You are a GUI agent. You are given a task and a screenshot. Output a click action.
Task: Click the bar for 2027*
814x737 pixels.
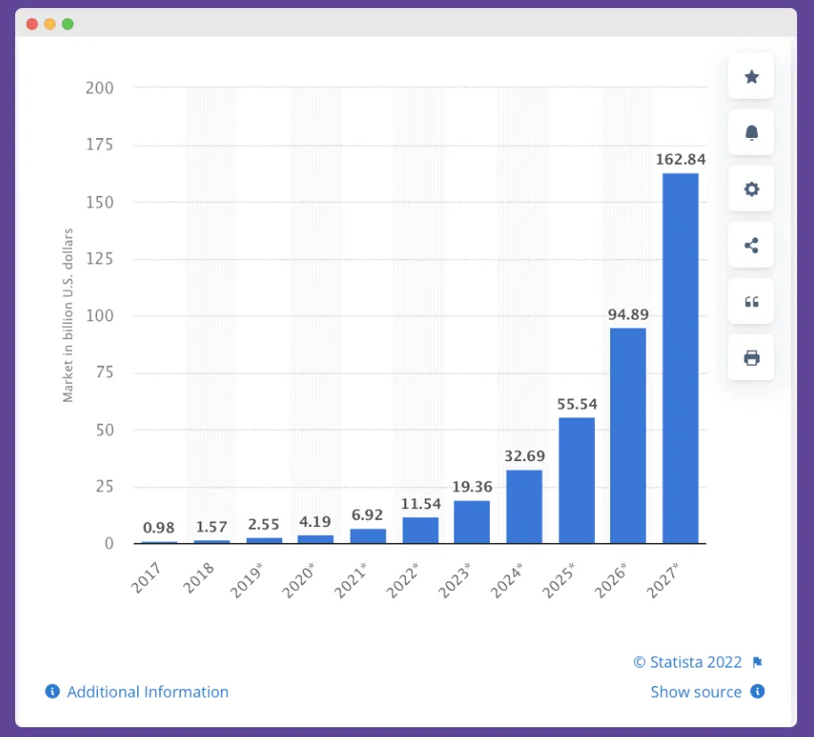point(680,358)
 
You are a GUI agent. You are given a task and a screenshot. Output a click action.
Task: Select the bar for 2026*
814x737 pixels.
point(628,435)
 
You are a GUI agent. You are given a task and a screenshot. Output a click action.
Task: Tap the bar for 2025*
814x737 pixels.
point(576,480)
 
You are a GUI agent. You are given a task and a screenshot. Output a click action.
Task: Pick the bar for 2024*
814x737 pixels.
point(524,506)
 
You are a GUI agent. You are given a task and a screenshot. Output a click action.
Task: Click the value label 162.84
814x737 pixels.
point(680,159)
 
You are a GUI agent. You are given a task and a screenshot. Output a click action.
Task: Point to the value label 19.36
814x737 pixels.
point(472,487)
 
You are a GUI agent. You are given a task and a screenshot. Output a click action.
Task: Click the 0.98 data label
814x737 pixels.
point(159,527)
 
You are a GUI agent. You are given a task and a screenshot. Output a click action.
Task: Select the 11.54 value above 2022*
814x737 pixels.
point(420,503)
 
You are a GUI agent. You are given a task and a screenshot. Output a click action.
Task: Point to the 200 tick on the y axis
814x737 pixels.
point(100,88)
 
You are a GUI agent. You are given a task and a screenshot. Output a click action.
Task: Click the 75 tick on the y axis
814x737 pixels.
point(104,373)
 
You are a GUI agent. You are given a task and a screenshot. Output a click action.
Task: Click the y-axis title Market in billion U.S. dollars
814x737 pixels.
point(68,315)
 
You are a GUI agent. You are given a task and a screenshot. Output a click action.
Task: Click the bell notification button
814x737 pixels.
point(751,133)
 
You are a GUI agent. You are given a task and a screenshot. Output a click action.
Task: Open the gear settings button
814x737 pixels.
point(751,189)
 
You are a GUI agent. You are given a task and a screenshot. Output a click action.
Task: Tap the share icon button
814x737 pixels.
point(751,246)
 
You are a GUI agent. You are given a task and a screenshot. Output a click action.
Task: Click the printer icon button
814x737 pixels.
point(751,358)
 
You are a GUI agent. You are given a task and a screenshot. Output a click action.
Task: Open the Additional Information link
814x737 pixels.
point(147,692)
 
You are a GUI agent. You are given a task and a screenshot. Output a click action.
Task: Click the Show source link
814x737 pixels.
point(696,692)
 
